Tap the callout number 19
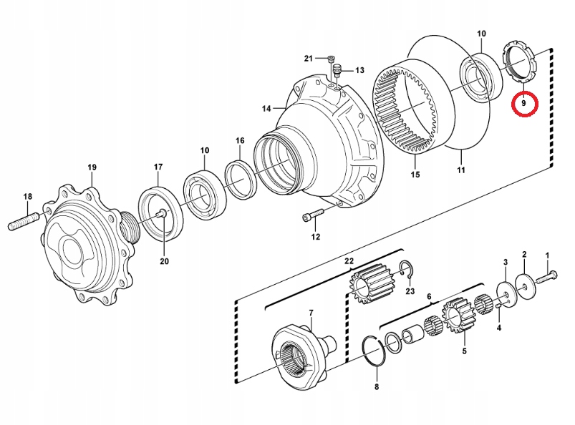92,167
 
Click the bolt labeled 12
313,215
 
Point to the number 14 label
266,109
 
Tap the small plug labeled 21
331,58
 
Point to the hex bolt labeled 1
546,278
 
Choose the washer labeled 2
525,284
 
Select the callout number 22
349,261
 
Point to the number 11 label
461,170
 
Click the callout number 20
164,261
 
